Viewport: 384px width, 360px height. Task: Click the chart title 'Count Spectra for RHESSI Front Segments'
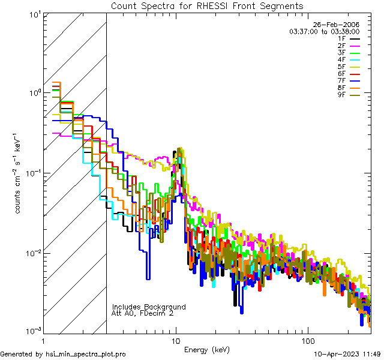tap(207, 5)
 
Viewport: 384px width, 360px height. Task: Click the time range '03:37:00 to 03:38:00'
tap(324, 31)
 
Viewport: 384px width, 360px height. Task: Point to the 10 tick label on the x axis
tap(176, 340)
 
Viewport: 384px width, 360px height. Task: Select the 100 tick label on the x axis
tap(308, 340)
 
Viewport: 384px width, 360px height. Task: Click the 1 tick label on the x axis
tap(44, 340)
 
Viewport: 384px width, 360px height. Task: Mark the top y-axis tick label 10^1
tap(31, 13)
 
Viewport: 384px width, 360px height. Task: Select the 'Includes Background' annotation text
tap(149, 307)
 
